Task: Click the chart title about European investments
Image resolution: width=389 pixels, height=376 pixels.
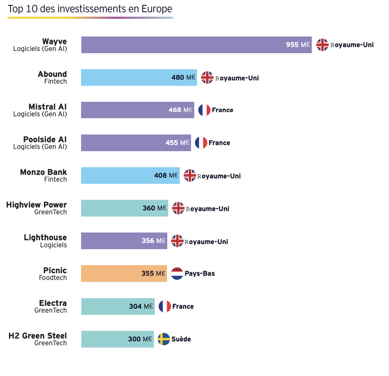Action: (90, 9)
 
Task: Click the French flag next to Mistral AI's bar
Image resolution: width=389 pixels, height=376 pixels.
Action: (204, 110)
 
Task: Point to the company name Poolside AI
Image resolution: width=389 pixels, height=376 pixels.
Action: (45, 139)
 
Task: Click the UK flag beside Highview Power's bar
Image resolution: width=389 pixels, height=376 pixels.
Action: (178, 208)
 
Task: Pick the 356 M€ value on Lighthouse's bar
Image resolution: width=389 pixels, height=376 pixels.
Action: (153, 241)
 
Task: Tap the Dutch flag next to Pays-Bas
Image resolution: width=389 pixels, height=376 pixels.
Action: (177, 274)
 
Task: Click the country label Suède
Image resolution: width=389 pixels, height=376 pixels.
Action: (181, 339)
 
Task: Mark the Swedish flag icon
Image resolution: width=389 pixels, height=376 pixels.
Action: (164, 339)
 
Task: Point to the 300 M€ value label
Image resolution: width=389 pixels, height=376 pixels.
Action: (140, 339)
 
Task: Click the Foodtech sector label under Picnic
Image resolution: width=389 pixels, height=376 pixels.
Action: (53, 278)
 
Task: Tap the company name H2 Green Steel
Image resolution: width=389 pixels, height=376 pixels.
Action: (38, 336)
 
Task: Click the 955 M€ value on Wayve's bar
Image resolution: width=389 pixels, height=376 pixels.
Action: (298, 45)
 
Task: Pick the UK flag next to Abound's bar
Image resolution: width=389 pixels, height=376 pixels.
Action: (207, 77)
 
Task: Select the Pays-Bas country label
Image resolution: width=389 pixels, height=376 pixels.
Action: (200, 274)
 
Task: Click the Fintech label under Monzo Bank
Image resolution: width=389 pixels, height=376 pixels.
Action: (55, 180)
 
